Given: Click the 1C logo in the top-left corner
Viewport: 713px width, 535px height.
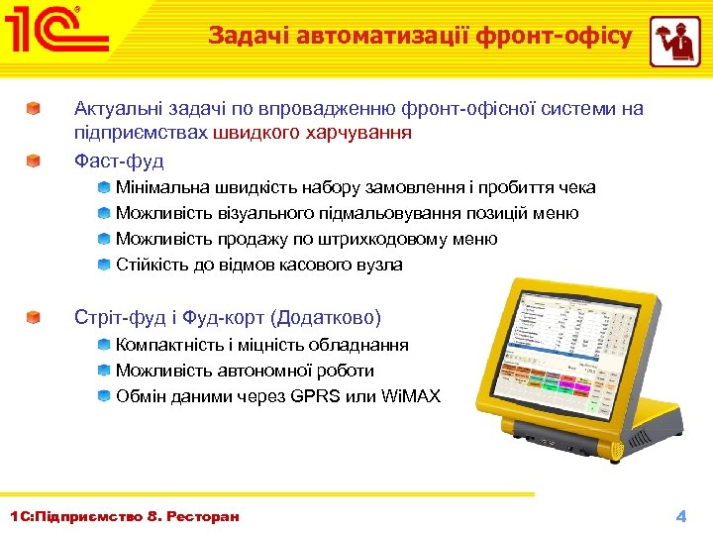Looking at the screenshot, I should (x=56, y=33).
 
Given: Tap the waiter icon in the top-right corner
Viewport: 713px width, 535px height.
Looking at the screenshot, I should (x=674, y=42).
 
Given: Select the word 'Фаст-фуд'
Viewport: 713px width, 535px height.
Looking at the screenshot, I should (x=119, y=160).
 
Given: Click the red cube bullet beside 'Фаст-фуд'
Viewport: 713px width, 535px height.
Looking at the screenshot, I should (x=34, y=160).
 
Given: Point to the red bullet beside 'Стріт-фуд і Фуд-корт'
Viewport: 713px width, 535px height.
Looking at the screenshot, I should (x=34, y=318).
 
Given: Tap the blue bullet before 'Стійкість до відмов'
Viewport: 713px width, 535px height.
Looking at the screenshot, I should (x=104, y=265).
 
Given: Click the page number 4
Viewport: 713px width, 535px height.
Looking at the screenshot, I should (x=680, y=516).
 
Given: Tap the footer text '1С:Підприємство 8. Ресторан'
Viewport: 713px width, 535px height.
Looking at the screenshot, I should (x=124, y=516).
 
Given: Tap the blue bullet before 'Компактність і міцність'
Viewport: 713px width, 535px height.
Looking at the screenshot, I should (x=104, y=345).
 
